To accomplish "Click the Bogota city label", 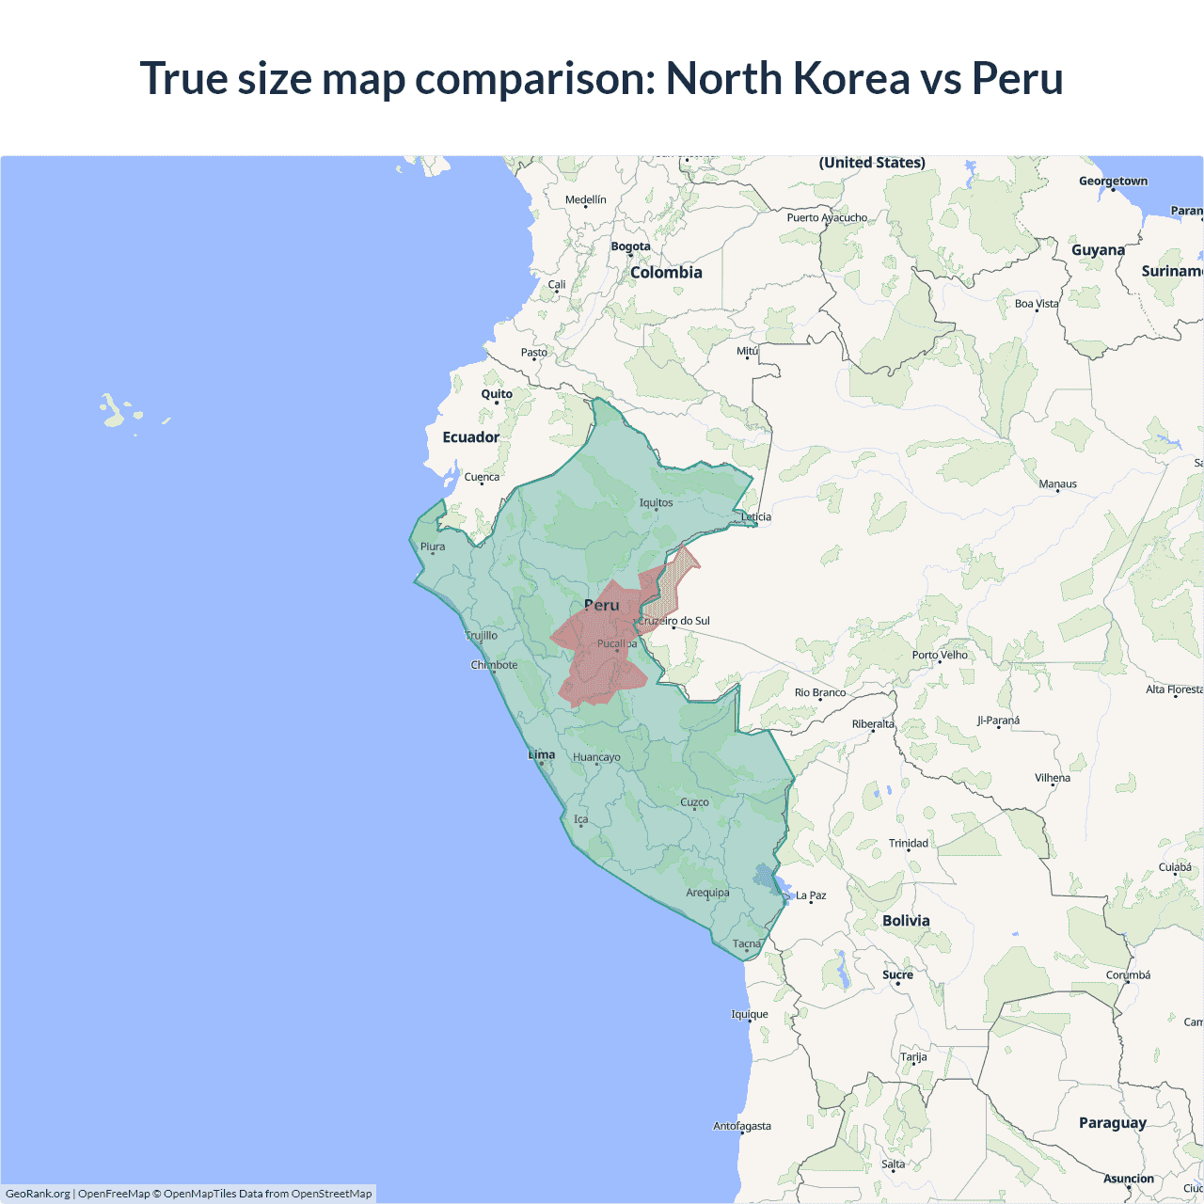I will pyautogui.click(x=630, y=246).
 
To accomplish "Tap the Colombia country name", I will pyautogui.click(x=666, y=272).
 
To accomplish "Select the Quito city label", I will pyautogui.click(x=497, y=394).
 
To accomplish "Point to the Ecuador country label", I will pyautogui.click(x=471, y=436).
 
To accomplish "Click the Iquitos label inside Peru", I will pyautogui.click(x=656, y=502).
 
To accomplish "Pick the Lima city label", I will pyautogui.click(x=542, y=754).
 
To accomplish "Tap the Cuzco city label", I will pyautogui.click(x=694, y=802).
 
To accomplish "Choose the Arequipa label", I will pyautogui.click(x=707, y=893).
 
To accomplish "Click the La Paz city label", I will pyautogui.click(x=811, y=895).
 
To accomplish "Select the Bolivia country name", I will pyautogui.click(x=906, y=920).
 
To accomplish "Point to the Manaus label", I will pyautogui.click(x=1057, y=483).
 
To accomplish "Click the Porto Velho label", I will pyautogui.click(x=940, y=655).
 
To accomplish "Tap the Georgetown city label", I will pyautogui.click(x=1113, y=181).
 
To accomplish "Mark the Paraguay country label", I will pyautogui.click(x=1113, y=1122).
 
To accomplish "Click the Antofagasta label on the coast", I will pyautogui.click(x=742, y=1126).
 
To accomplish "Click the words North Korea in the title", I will pyautogui.click(x=787, y=78).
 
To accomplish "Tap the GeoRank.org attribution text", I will pyautogui.click(x=38, y=1194).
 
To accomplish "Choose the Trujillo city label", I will pyautogui.click(x=482, y=636).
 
